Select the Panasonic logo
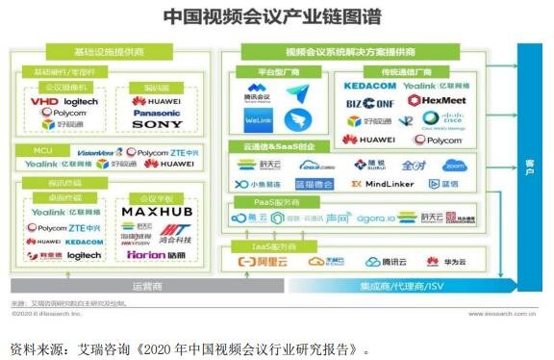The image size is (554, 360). click(156, 112)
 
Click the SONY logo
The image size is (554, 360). click(157, 125)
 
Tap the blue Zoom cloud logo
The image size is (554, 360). click(481, 165)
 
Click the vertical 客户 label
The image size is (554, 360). click(529, 163)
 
